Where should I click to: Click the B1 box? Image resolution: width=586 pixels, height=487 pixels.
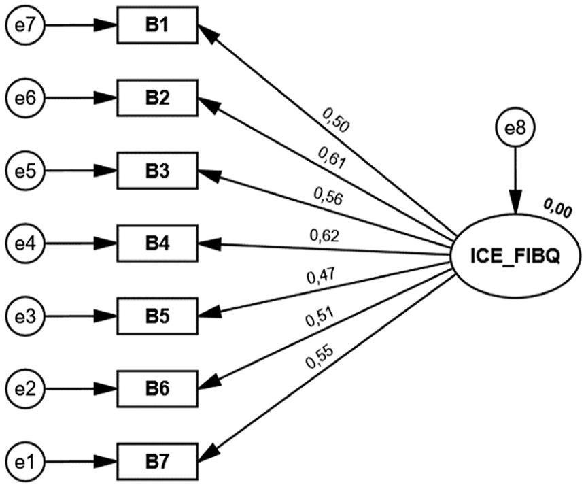[x=157, y=25]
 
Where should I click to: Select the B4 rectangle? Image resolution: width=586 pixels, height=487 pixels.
[x=157, y=244]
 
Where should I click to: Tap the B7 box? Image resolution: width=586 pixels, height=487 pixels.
[x=157, y=462]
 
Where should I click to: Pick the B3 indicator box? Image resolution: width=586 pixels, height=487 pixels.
[x=157, y=171]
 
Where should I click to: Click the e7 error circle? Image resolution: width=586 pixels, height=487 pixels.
[x=25, y=26]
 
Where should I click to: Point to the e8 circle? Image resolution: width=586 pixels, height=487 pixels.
[x=515, y=129]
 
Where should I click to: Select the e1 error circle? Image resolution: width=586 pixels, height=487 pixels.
[x=25, y=462]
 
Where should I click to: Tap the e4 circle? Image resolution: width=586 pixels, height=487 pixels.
[x=25, y=244]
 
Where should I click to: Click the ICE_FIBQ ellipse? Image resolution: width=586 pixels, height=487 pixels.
[x=516, y=256]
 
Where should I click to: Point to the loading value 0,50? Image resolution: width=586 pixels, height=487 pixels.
[x=335, y=120]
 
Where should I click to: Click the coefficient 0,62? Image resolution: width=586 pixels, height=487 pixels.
[x=324, y=236]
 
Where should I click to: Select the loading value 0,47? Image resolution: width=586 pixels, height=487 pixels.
[x=321, y=276]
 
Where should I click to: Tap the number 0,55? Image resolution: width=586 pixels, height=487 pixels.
[x=320, y=357]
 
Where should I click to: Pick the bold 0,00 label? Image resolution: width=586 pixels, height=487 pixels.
[x=557, y=208]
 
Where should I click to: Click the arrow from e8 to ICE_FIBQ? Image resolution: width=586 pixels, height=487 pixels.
[x=516, y=181]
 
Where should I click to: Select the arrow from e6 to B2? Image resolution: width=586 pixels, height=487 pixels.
[x=81, y=99]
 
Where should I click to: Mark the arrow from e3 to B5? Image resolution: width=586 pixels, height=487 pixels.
[x=81, y=316]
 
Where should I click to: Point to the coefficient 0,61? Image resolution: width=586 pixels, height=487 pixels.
[x=332, y=158]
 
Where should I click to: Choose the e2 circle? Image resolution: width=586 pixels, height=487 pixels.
[x=25, y=389]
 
